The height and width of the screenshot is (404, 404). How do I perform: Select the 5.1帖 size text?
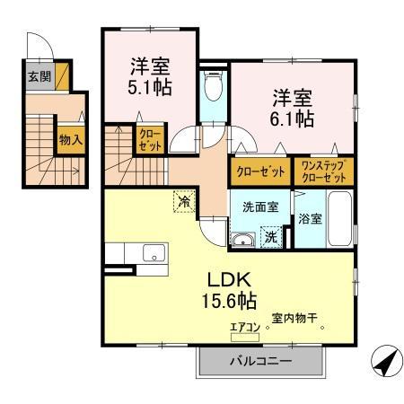tap(151, 89)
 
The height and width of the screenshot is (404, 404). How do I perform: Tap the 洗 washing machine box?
tap(270, 238)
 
